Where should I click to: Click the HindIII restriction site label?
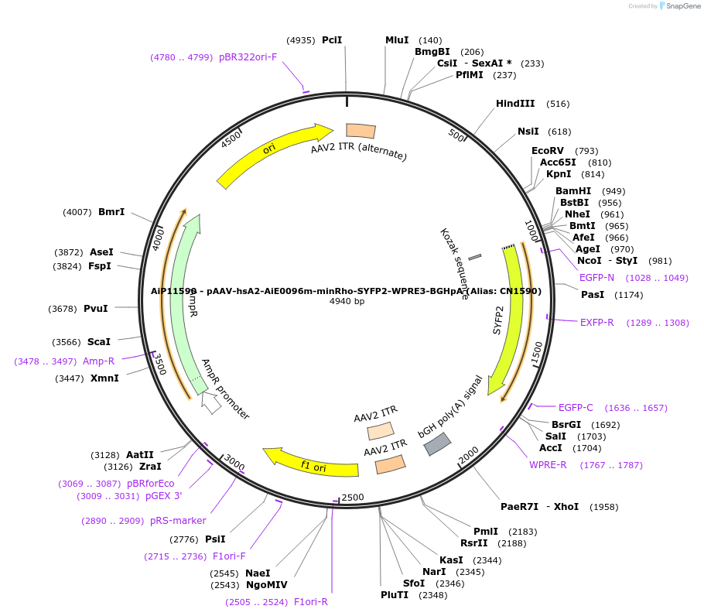tap(515, 103)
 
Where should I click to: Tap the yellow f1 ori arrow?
tap(309, 460)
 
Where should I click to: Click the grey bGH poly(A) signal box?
tap(437, 443)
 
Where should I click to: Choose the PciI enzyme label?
tap(332, 39)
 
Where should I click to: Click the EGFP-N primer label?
tap(596, 277)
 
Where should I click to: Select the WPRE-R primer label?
tap(548, 464)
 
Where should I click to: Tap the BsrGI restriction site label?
tap(566, 424)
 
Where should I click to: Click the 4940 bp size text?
tap(347, 301)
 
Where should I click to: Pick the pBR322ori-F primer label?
tap(248, 56)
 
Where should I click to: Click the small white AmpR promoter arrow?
tap(210, 402)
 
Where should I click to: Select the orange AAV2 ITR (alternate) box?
tap(361, 132)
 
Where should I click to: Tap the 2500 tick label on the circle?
tap(352, 496)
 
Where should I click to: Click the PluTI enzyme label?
tap(395, 595)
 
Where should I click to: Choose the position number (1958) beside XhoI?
tap(605, 507)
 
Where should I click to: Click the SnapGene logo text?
tap(681, 5)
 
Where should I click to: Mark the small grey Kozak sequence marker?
tap(475, 256)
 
